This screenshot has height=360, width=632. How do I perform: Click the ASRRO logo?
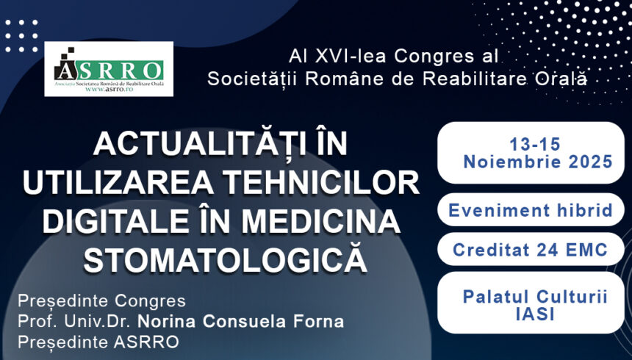coord(109,68)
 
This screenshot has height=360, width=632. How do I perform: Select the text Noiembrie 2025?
coord(537,162)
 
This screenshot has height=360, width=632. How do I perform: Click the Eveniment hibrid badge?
coord(531,210)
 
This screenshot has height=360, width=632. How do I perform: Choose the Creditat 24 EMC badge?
coord(530,250)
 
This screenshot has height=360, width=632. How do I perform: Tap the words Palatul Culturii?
coord(534,296)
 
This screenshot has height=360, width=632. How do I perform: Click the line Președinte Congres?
coord(101,301)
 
